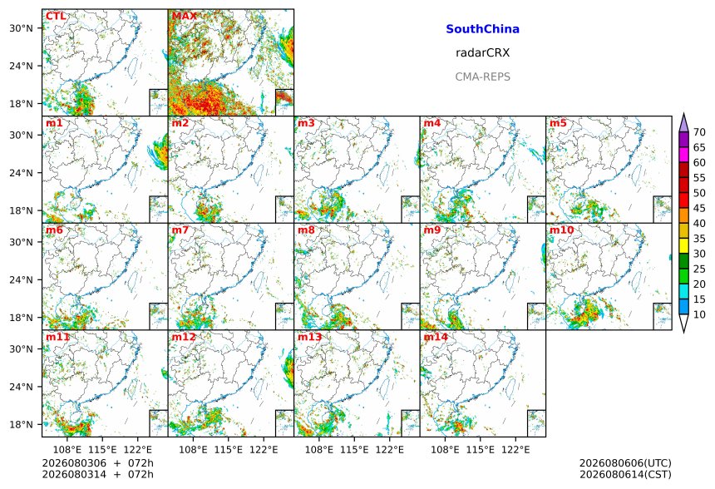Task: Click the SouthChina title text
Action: click(x=482, y=29)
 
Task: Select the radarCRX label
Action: click(x=482, y=53)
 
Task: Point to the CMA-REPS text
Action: click(x=482, y=77)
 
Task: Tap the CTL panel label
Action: click(x=56, y=17)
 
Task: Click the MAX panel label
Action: click(x=185, y=17)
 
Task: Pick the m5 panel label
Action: click(x=558, y=123)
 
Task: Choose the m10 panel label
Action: click(x=561, y=230)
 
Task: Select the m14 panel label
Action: click(x=436, y=337)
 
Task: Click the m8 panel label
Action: click(x=306, y=230)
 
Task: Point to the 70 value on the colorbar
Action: click(x=699, y=132)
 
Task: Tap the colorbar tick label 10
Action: click(x=699, y=314)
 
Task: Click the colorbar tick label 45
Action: click(x=699, y=209)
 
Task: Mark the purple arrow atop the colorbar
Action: click(x=683, y=122)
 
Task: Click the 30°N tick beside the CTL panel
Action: click(x=22, y=28)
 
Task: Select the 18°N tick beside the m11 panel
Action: click(x=22, y=425)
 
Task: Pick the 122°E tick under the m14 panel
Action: click(x=515, y=450)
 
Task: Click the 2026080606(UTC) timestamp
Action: click(x=625, y=463)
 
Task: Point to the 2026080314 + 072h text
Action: click(x=97, y=474)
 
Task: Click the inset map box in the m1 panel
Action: click(x=158, y=210)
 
